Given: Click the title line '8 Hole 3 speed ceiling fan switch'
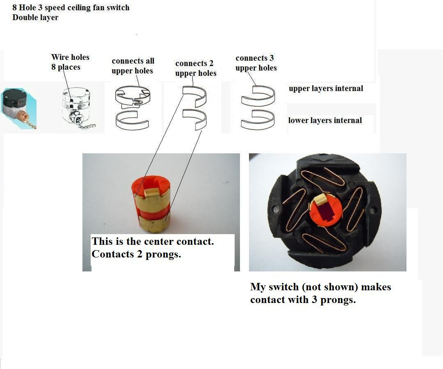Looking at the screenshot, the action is [71, 7].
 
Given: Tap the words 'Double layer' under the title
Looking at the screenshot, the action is [35, 17].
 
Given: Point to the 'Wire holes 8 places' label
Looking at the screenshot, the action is [70, 62].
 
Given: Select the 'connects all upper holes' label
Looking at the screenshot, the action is [133, 66].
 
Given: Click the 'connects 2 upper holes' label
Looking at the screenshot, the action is [196, 68].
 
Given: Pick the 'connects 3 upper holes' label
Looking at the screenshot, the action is [256, 63].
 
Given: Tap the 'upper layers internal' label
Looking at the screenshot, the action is [326, 89].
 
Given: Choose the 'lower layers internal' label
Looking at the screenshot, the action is [325, 120].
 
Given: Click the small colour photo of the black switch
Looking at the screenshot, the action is [19, 108].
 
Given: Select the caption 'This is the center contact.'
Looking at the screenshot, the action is [153, 241].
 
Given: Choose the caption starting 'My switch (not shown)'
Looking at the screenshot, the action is [321, 293].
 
